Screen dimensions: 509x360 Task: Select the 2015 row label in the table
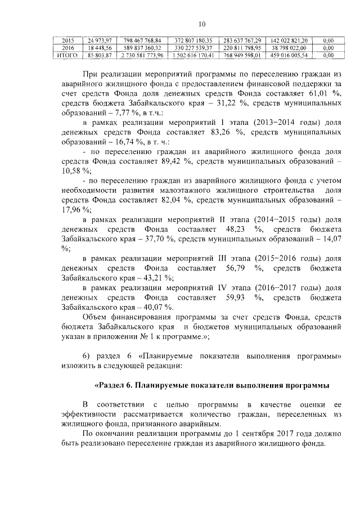(x=67, y=41)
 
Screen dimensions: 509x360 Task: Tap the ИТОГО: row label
(x=67, y=56)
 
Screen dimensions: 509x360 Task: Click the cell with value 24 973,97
(x=100, y=41)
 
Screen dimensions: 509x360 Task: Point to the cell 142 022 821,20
(x=289, y=41)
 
